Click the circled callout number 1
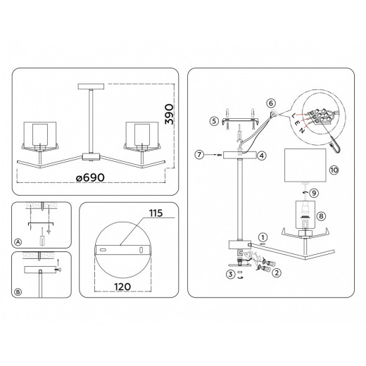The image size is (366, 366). click(x=263, y=237)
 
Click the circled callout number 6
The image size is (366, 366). click(x=270, y=102)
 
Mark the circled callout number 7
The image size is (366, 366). click(x=200, y=153)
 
